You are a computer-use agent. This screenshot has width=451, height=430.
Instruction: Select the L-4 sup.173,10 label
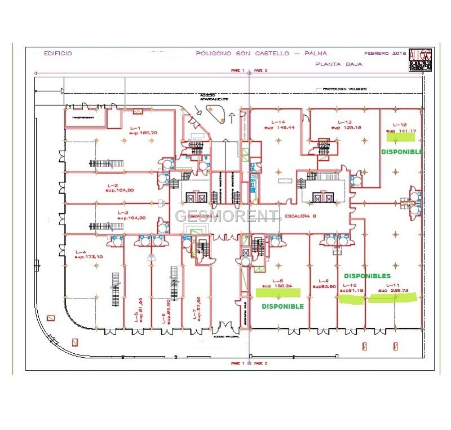[x=89, y=255]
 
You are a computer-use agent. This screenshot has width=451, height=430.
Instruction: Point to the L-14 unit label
[x=279, y=124]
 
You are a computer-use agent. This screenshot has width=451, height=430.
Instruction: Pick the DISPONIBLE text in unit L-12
[x=402, y=152]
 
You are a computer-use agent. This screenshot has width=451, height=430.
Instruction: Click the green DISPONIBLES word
[x=367, y=276]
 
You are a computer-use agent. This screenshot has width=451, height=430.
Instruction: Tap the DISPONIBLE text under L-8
[x=283, y=306]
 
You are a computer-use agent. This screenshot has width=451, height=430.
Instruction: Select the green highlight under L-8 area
[x=278, y=293]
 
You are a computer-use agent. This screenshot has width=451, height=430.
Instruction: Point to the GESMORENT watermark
[x=226, y=216]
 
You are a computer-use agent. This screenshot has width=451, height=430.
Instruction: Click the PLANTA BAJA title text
[x=338, y=64]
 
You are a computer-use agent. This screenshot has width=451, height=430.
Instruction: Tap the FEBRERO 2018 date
[x=385, y=53]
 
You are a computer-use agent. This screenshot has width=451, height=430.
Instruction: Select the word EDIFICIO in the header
[x=58, y=53]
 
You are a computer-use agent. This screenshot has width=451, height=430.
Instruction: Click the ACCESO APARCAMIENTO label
[x=214, y=97]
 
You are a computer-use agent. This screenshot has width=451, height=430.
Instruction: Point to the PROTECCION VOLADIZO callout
[x=344, y=89]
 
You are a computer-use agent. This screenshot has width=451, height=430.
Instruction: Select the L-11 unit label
[x=392, y=285]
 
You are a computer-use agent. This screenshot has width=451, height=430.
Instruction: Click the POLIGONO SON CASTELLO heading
[x=243, y=53]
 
